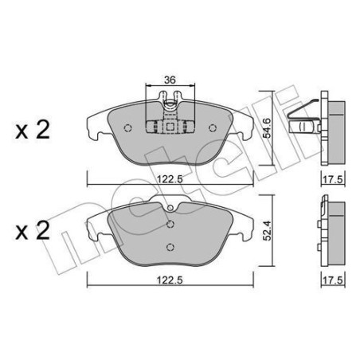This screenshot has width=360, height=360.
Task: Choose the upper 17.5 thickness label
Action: [x=332, y=181]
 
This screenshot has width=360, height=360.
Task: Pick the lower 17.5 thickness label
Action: [x=332, y=280]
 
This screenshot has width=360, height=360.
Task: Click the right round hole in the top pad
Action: [x=212, y=127]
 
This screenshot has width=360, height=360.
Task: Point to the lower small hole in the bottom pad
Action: [x=169, y=245]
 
